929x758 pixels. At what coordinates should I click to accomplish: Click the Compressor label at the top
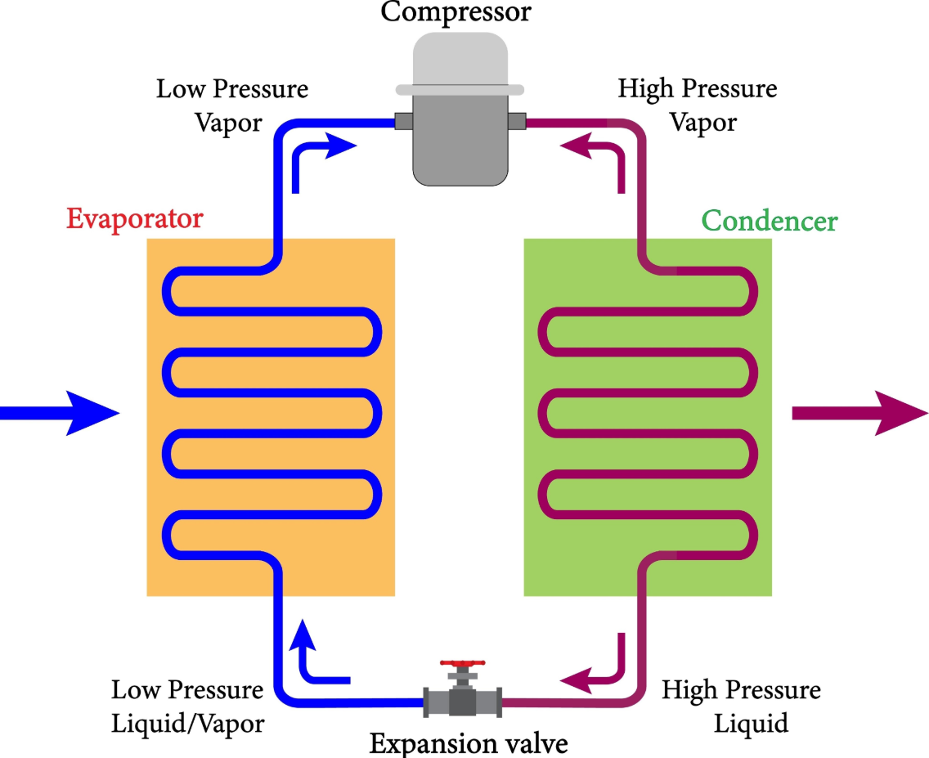point(456,11)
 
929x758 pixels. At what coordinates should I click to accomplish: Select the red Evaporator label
point(134,219)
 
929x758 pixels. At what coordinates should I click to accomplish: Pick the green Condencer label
point(770,221)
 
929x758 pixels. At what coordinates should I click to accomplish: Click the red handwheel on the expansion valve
point(463,663)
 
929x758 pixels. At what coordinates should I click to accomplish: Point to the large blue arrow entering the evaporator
point(59,413)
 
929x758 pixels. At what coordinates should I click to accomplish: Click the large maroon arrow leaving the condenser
point(859,413)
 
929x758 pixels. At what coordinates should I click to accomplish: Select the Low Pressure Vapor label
point(231,106)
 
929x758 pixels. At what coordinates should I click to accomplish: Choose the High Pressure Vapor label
point(698,106)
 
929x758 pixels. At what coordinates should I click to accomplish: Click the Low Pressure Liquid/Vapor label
point(188,706)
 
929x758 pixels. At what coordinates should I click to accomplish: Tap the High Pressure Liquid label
point(741,706)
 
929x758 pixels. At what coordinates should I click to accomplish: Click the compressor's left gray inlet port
point(404,121)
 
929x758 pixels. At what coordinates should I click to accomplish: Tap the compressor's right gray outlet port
point(517,121)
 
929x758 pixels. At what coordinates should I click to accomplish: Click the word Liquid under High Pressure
point(751,724)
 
